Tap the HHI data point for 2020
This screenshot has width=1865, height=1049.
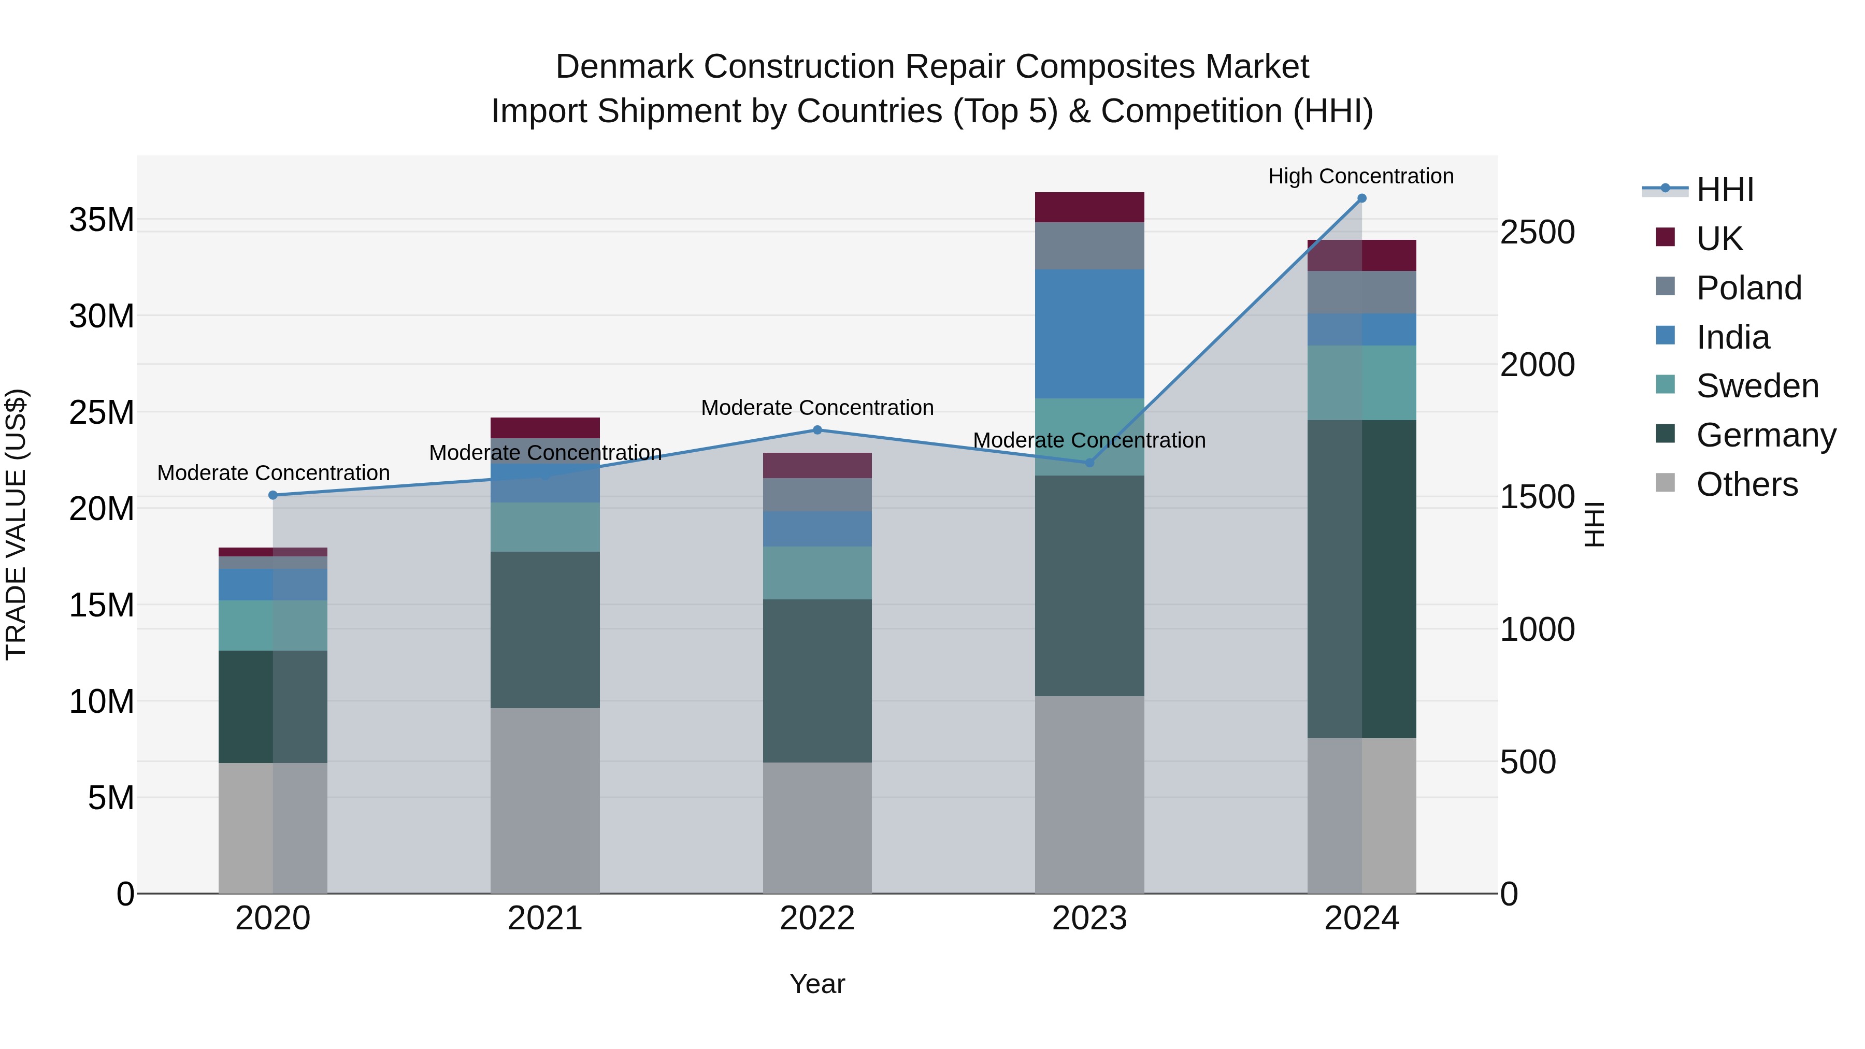coord(273,495)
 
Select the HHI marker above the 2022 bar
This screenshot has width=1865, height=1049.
coord(817,430)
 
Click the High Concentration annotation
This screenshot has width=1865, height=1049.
coord(1360,176)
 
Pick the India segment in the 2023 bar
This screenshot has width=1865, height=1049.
coord(1089,334)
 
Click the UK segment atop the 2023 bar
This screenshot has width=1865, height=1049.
coord(1089,207)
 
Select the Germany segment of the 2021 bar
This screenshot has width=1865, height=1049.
coord(544,630)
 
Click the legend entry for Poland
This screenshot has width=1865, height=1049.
coord(1748,288)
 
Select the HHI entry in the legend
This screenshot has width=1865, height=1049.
coord(1725,190)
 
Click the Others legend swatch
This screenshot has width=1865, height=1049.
coord(1665,483)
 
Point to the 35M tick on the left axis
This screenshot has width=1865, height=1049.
coord(102,219)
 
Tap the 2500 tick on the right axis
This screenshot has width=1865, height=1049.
coord(1537,233)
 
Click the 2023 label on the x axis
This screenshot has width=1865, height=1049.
coord(1089,918)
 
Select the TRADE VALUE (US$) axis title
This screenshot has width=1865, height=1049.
coord(16,524)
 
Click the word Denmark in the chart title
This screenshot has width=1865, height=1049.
coord(624,67)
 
